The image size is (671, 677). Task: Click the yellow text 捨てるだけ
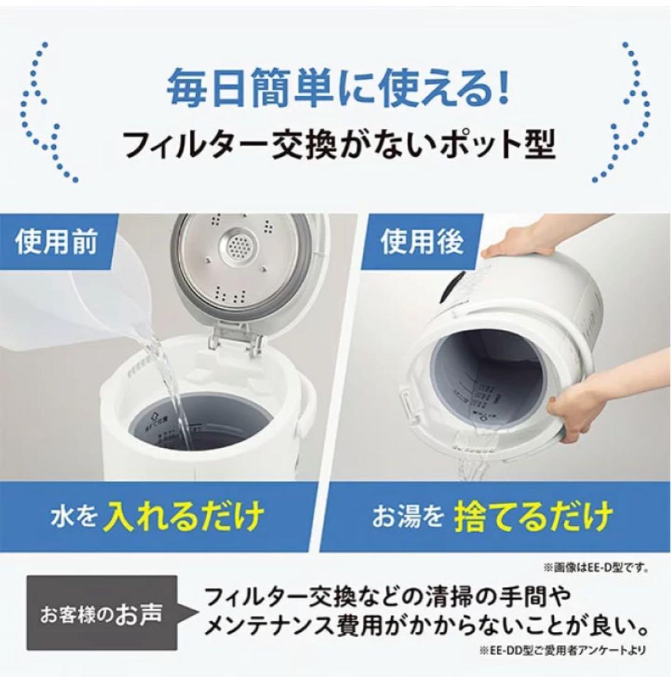click(533, 518)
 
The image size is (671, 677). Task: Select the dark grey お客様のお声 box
click(100, 614)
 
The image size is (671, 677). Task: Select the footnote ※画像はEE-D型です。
click(595, 568)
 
